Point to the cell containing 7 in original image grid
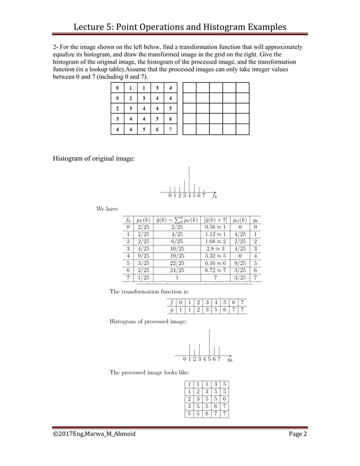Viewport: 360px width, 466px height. tap(170, 130)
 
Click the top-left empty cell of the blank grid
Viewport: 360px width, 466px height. tap(189, 89)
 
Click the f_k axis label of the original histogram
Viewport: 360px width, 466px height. tap(214, 196)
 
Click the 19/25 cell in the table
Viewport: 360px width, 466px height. tap(177, 256)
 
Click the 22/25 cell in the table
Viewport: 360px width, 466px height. tap(177, 263)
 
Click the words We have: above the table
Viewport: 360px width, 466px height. tap(108, 208)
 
